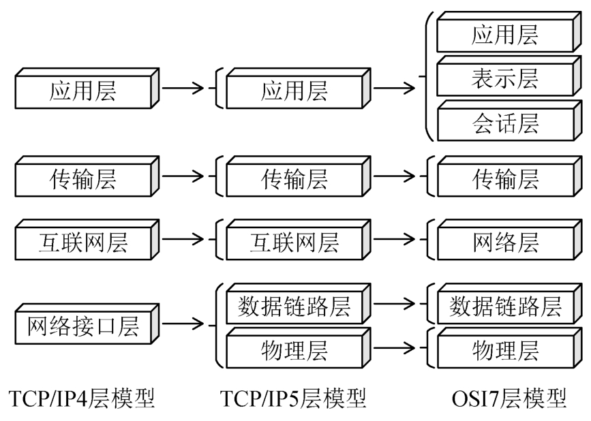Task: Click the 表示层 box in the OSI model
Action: [x=504, y=79]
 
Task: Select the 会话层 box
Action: [x=504, y=123]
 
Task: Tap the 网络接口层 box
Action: [x=82, y=328]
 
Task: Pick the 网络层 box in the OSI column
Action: [x=504, y=242]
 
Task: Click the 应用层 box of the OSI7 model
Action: [x=504, y=35]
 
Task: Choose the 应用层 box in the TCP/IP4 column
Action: [x=82, y=91]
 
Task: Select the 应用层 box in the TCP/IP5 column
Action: [x=294, y=91]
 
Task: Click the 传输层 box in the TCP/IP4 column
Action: [x=82, y=179]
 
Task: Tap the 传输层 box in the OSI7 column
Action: [x=504, y=179]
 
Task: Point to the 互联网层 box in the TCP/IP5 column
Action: [x=294, y=242]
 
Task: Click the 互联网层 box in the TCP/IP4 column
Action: [x=82, y=242]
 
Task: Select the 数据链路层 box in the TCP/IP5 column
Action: [x=294, y=307]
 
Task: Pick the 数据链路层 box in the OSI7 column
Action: [x=504, y=307]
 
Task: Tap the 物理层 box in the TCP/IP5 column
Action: [x=294, y=350]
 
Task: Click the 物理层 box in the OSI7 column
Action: [x=504, y=350]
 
